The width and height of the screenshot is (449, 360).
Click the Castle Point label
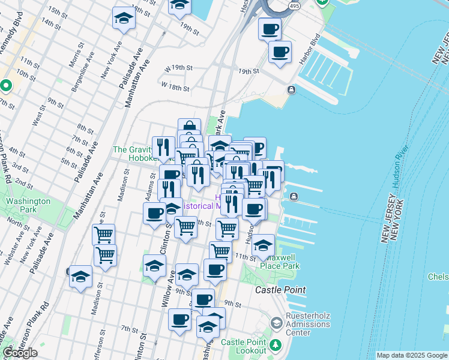[280, 290]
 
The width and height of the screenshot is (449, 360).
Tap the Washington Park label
[28, 206]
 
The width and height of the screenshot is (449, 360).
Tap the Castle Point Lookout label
[244, 346]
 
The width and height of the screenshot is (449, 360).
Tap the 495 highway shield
[293, 5]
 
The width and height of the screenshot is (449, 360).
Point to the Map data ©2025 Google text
[411, 355]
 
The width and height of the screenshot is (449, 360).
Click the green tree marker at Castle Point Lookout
[276, 345]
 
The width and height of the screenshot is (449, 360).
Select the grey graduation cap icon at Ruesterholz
[276, 323]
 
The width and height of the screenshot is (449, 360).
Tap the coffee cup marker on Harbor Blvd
[280, 53]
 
